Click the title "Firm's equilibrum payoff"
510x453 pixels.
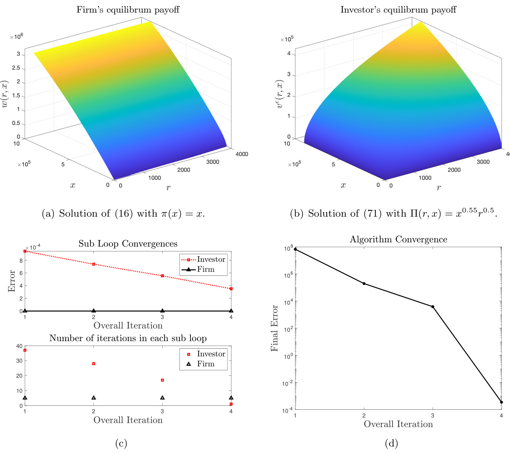pos(128,10)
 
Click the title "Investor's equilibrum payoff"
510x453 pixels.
pos(398,10)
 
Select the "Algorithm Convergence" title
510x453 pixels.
pos(398,239)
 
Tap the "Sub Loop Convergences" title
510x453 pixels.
pos(128,244)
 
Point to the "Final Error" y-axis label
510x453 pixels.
pos(274,328)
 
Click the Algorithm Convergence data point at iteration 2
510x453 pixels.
pos(364,283)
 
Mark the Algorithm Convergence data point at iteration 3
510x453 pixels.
pos(433,307)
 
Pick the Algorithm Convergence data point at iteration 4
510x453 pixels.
pos(501,402)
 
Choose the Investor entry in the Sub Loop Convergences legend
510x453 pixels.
pos(204,260)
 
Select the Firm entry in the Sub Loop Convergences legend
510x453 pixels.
pos(204,270)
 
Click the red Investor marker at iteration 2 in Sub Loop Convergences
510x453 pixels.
pos(93,264)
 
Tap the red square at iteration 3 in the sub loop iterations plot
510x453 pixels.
pos(162,380)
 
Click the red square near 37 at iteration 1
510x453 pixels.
pos(25,350)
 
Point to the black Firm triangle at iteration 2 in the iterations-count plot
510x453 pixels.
pos(93,398)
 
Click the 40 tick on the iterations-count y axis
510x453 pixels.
pos(19,346)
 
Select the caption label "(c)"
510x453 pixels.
pos(121,443)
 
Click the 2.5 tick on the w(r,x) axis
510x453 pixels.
pos(16,68)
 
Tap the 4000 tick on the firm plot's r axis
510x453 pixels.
pos(242,154)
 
